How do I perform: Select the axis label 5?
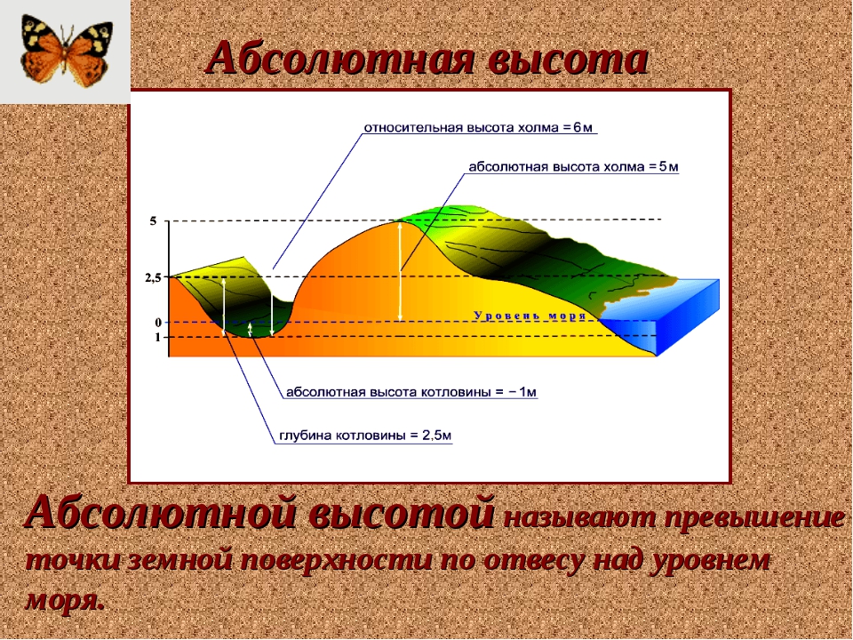click(153, 221)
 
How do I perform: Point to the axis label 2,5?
click(153, 278)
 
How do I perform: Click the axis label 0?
click(158, 323)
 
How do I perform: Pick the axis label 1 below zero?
click(158, 338)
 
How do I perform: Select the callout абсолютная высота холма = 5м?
click(573, 166)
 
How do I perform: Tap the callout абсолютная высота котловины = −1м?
click(411, 392)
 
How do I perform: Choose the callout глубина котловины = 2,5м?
click(365, 436)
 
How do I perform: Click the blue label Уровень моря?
click(530, 316)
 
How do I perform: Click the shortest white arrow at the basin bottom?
click(250, 329)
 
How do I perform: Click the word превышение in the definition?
click(754, 517)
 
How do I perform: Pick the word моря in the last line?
click(64, 600)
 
